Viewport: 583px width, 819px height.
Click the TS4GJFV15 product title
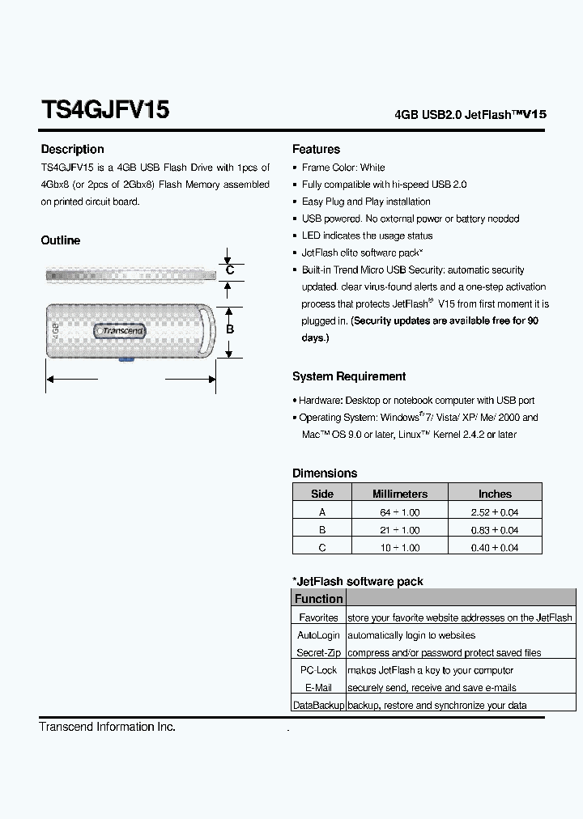(x=104, y=110)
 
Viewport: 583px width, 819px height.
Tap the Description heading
(x=72, y=150)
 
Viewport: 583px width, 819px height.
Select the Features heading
(x=316, y=150)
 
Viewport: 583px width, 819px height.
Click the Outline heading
(x=61, y=240)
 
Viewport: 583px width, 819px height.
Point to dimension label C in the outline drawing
(x=230, y=270)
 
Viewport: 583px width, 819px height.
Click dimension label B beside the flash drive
(x=230, y=329)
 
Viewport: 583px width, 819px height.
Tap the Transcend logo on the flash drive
(x=121, y=330)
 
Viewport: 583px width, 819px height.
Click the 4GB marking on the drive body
(x=56, y=330)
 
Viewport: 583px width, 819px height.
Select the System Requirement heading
(x=349, y=376)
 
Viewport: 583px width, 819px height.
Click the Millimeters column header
(x=400, y=494)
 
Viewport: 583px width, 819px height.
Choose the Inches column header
(x=495, y=494)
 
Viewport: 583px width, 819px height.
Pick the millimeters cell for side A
(x=400, y=512)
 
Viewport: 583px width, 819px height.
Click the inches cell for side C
(x=495, y=548)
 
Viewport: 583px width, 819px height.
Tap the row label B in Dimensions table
(x=322, y=530)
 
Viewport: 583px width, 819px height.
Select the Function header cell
(x=318, y=599)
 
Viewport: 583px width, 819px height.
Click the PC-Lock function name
(x=318, y=670)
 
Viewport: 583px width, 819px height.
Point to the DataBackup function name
(x=318, y=706)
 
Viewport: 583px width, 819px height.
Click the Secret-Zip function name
(x=318, y=652)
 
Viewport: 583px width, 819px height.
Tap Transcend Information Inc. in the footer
(x=107, y=727)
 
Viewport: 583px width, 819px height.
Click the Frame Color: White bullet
(x=343, y=168)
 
